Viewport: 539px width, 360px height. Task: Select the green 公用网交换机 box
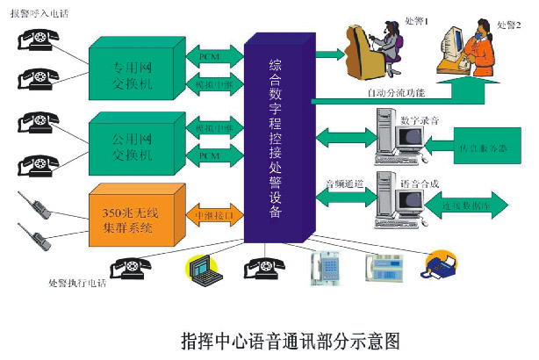coord(136,142)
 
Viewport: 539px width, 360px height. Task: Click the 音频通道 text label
coord(343,184)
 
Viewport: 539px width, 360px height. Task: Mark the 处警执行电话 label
coord(80,283)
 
